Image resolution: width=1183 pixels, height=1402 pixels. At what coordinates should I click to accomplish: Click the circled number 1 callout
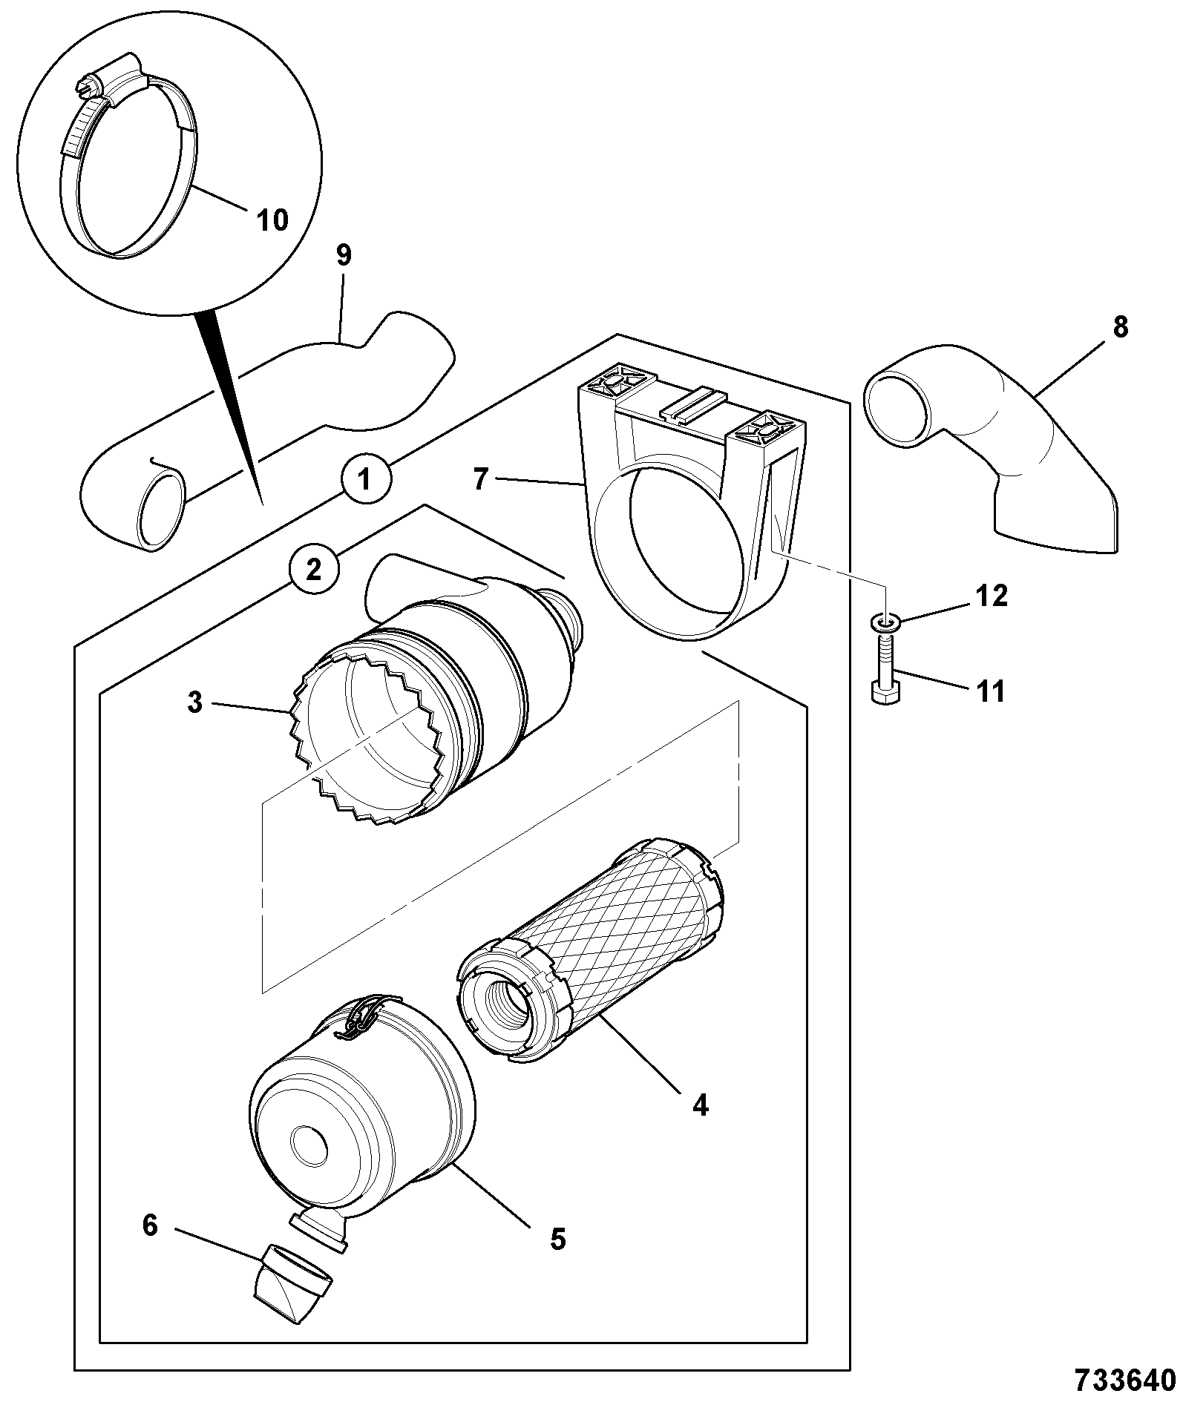click(364, 480)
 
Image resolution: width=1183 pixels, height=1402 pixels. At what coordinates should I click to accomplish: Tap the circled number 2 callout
click(314, 570)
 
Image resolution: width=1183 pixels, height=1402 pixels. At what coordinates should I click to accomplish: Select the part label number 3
click(195, 702)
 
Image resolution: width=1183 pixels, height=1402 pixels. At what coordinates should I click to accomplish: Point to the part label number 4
click(699, 1126)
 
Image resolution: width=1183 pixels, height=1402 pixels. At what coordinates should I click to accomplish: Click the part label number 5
click(557, 1238)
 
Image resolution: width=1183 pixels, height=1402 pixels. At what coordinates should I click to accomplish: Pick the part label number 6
click(150, 1225)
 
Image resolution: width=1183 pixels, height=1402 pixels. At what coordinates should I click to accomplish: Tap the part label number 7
click(481, 479)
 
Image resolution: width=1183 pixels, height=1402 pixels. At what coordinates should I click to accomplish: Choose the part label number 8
click(1120, 326)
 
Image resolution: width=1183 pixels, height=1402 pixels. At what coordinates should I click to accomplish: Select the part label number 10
click(272, 220)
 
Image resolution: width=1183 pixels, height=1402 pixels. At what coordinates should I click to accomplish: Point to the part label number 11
click(990, 691)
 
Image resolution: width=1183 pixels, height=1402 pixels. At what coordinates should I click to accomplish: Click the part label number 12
click(991, 596)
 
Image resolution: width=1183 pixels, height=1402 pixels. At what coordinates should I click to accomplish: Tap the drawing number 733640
click(1125, 1379)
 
